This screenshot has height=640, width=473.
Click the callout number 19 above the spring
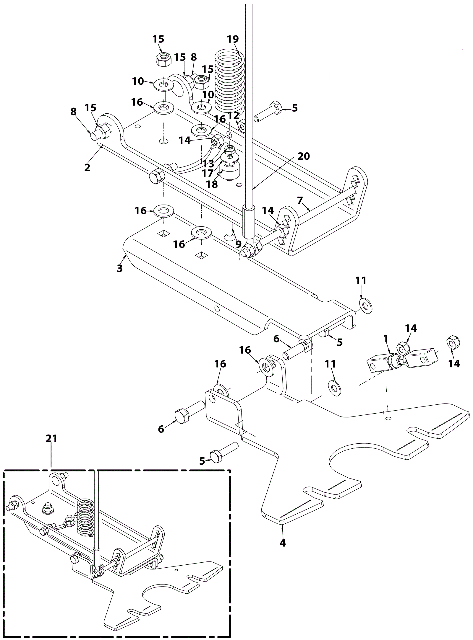pyautogui.click(x=233, y=39)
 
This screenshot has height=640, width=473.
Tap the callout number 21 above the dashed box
pyautogui.click(x=51, y=439)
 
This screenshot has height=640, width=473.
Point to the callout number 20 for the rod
pyautogui.click(x=304, y=156)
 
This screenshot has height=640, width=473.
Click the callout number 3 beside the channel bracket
pyautogui.click(x=119, y=268)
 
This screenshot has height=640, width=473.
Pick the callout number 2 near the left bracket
pyautogui.click(x=87, y=167)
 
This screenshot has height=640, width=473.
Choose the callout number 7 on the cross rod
pyautogui.click(x=300, y=201)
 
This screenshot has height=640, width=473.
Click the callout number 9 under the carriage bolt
pyautogui.click(x=238, y=244)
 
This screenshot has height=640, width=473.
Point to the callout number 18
pyautogui.click(x=212, y=184)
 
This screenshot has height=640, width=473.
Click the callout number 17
pyautogui.click(x=208, y=173)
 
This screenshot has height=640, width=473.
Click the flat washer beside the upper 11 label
pyautogui.click(x=365, y=306)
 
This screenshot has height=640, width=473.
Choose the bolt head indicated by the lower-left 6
pyautogui.click(x=182, y=417)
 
